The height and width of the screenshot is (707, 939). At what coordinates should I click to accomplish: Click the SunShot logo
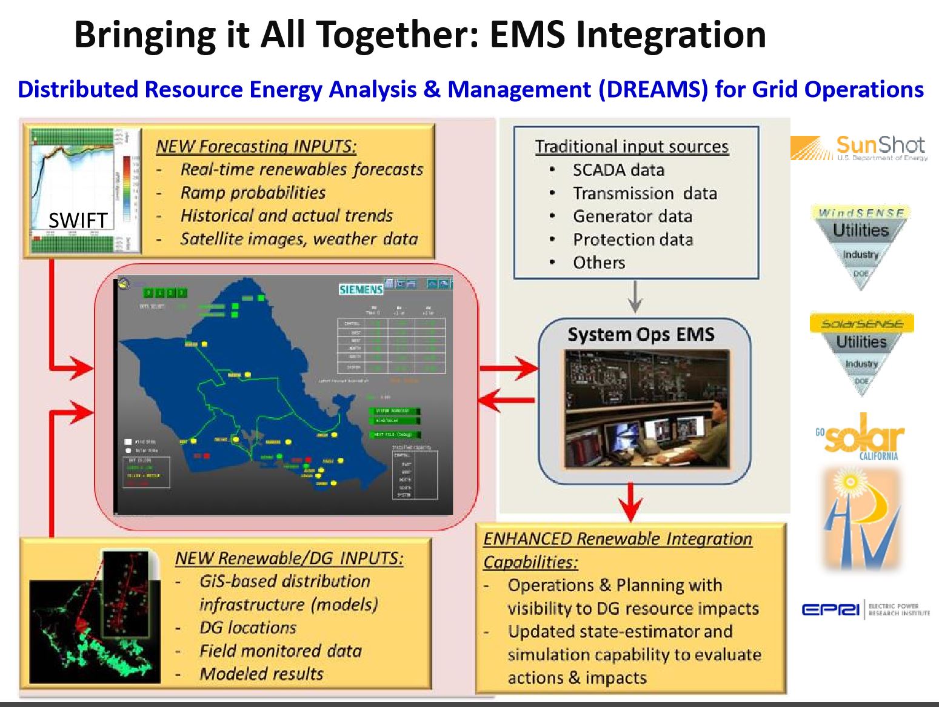(859, 148)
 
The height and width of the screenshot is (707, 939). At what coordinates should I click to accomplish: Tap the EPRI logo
(865, 609)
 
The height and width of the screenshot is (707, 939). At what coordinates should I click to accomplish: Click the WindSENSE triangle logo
(861, 243)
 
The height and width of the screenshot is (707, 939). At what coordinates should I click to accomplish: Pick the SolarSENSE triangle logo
(861, 353)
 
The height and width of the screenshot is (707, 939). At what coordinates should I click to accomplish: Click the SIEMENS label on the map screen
(361, 289)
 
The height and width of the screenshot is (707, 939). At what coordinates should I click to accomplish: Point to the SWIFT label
(78, 220)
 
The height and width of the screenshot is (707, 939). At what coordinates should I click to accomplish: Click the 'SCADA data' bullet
(618, 170)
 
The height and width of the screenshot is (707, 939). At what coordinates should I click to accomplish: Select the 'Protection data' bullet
(633, 240)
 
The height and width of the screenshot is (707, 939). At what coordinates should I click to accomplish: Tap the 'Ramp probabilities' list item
(253, 193)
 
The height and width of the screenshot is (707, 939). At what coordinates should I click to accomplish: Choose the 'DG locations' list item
(248, 628)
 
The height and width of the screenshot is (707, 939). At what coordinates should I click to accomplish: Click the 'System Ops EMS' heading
(641, 334)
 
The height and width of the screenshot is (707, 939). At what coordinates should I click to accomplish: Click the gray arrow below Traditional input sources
(634, 297)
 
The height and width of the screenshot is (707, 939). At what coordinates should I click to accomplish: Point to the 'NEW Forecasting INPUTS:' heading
(256, 146)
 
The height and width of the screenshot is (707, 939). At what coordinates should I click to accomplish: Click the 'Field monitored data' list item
(280, 651)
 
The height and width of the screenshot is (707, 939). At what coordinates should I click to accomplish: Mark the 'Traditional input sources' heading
(632, 147)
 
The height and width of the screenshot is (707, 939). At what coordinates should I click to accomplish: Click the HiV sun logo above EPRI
(861, 518)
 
